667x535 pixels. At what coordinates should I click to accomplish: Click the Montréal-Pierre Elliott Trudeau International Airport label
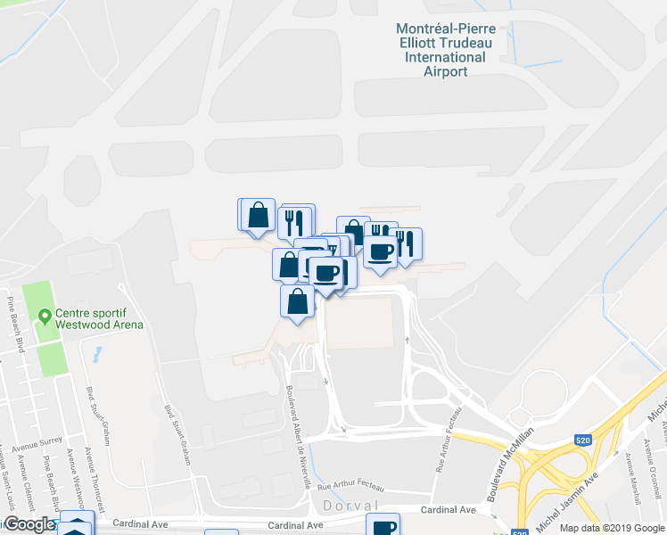click(445, 50)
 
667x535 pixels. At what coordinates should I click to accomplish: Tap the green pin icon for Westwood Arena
click(44, 316)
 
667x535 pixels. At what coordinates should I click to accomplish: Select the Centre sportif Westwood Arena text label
click(99, 318)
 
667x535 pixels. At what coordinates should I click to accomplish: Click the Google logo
click(29, 525)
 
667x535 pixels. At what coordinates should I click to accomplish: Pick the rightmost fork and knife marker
click(405, 244)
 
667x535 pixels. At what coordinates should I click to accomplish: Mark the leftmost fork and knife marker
click(294, 221)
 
